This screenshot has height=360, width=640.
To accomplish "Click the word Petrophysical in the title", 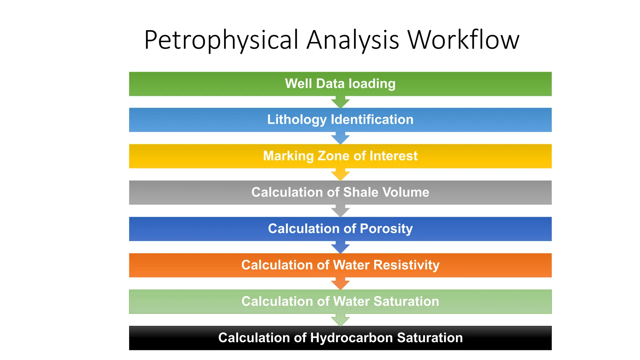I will (221, 40).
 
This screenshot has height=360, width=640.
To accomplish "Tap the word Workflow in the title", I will (463, 40).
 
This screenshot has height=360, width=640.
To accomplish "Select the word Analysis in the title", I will (353, 40).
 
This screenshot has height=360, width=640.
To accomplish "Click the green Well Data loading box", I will (340, 84).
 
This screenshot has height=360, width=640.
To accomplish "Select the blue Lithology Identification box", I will (340, 120).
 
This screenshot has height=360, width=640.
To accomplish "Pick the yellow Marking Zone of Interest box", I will (340, 156).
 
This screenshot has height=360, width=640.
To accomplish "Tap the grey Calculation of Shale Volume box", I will (340, 192).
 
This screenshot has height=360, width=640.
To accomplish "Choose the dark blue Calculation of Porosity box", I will (340, 229).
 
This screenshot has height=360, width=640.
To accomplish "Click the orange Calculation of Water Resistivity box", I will (340, 265).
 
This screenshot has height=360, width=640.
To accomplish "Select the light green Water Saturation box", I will (340, 302).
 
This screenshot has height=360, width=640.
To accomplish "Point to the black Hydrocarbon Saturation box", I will (340, 338).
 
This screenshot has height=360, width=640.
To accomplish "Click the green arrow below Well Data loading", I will (340, 102).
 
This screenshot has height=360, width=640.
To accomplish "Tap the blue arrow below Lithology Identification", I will (340, 138).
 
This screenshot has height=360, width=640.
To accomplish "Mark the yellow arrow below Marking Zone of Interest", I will (340, 174).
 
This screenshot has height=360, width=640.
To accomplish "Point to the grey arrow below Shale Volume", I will (340, 211).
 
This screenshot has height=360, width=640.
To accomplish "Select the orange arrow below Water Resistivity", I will (340, 283).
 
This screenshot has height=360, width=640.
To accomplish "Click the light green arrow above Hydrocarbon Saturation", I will (340, 320).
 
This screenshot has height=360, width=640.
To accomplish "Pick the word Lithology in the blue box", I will (297, 120).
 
